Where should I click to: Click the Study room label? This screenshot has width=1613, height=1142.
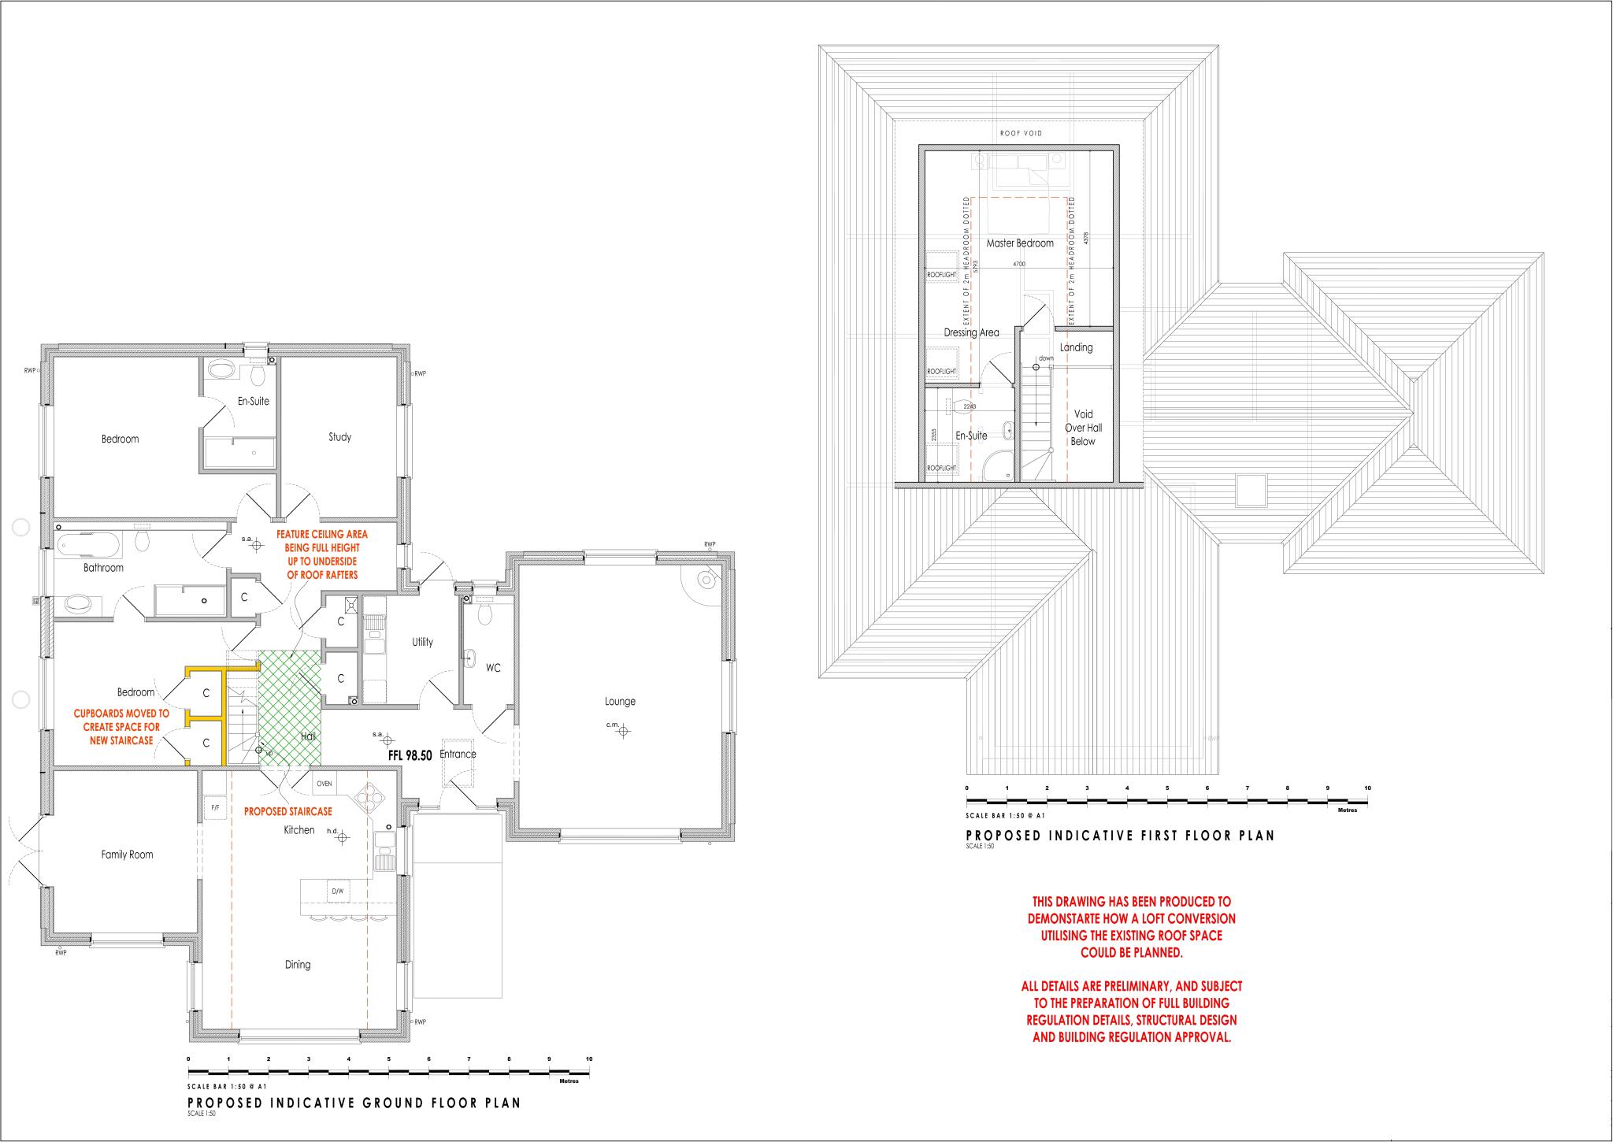pyautogui.click(x=339, y=437)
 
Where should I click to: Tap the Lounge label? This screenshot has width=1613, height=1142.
pyautogui.click(x=620, y=702)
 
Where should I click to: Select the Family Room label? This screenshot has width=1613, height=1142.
pyautogui.click(x=127, y=855)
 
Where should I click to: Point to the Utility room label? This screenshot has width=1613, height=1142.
pyautogui.click(x=422, y=642)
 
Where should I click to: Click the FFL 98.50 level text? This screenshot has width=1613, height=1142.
pyautogui.click(x=410, y=755)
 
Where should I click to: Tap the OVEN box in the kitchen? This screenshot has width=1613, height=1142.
pyautogui.click(x=324, y=784)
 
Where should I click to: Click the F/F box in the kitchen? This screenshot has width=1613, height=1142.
pyautogui.click(x=215, y=808)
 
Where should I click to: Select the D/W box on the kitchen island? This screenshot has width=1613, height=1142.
pyautogui.click(x=337, y=892)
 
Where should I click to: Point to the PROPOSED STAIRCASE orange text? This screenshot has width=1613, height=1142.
pyautogui.click(x=287, y=811)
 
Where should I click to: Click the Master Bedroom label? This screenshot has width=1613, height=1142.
pyautogui.click(x=1020, y=243)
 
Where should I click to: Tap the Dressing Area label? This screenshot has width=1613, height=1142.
pyautogui.click(x=971, y=332)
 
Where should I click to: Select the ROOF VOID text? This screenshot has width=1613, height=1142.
pyautogui.click(x=1021, y=134)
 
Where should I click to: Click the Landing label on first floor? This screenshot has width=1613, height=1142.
pyautogui.click(x=1076, y=347)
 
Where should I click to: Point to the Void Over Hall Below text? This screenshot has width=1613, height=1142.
pyautogui.click(x=1083, y=428)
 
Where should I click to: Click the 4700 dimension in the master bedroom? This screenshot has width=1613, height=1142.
pyautogui.click(x=1018, y=265)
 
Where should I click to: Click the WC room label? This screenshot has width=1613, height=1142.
pyautogui.click(x=493, y=668)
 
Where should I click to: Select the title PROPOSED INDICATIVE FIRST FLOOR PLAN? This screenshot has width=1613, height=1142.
pyautogui.click(x=1120, y=836)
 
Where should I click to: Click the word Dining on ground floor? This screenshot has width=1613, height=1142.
pyautogui.click(x=298, y=965)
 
